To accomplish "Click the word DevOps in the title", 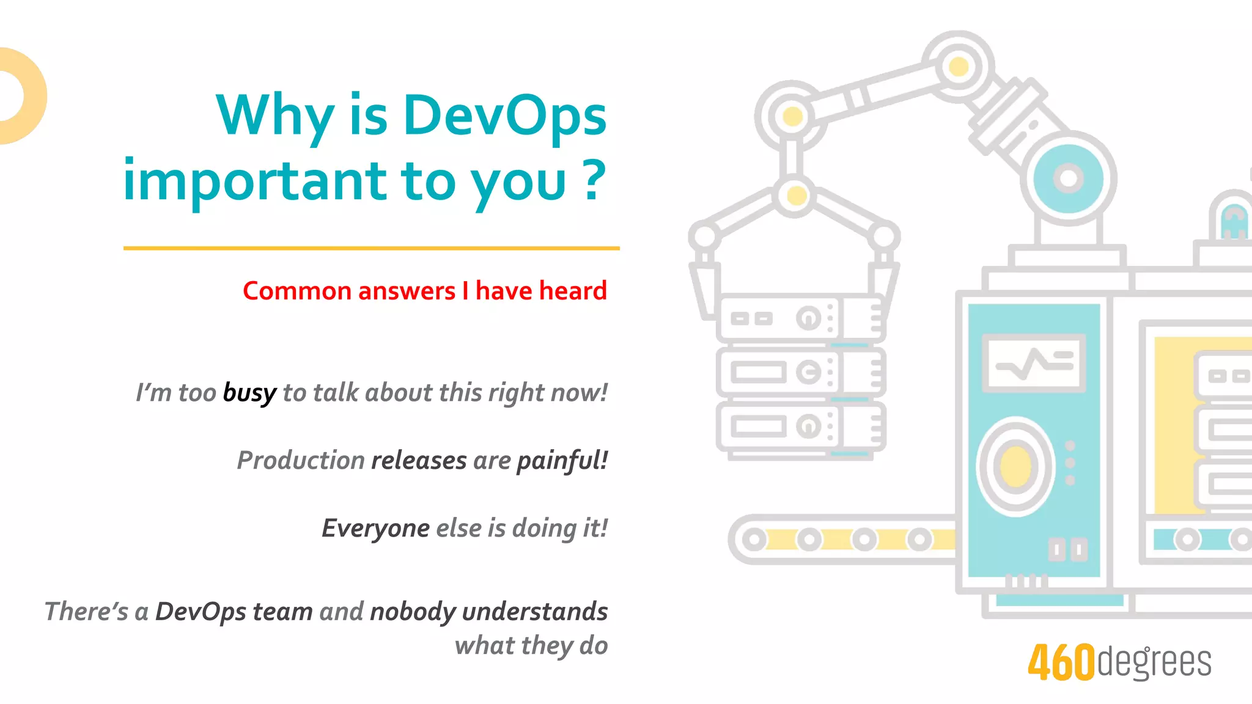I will point(504,116).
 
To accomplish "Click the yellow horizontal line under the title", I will point(371,248).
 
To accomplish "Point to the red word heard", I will point(572,291).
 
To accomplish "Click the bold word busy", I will point(249,393).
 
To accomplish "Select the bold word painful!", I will point(562,461).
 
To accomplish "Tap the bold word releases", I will point(419,461).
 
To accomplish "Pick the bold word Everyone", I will point(375,529).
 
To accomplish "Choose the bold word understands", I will point(535,612).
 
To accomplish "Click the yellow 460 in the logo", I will point(1061,663).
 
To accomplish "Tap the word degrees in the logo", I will point(1154,662).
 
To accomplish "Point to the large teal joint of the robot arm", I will point(1068,178).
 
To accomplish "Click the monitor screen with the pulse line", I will point(1034,363).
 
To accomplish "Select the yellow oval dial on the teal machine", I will point(1015,466).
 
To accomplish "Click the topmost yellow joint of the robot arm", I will point(958,66).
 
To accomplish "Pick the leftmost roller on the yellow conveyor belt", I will point(754,540).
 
